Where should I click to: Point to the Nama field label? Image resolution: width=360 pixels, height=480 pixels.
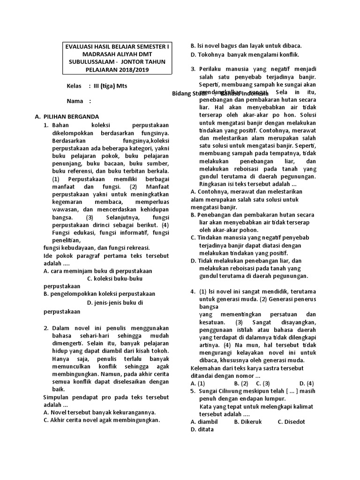75,101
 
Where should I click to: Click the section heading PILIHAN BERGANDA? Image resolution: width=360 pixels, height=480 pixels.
71,117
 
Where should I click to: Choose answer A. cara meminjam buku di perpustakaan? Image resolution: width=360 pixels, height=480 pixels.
97,271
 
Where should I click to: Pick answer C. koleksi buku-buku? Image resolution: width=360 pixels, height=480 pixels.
115,278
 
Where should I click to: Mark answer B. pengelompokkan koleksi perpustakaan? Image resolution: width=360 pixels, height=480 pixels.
99,294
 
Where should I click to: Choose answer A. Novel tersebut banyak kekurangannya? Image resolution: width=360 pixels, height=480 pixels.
99,412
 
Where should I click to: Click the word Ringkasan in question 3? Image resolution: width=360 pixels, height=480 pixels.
213,184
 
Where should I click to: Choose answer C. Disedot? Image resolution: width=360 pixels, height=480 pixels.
291,421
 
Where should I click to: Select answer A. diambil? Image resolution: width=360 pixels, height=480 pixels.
204,421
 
